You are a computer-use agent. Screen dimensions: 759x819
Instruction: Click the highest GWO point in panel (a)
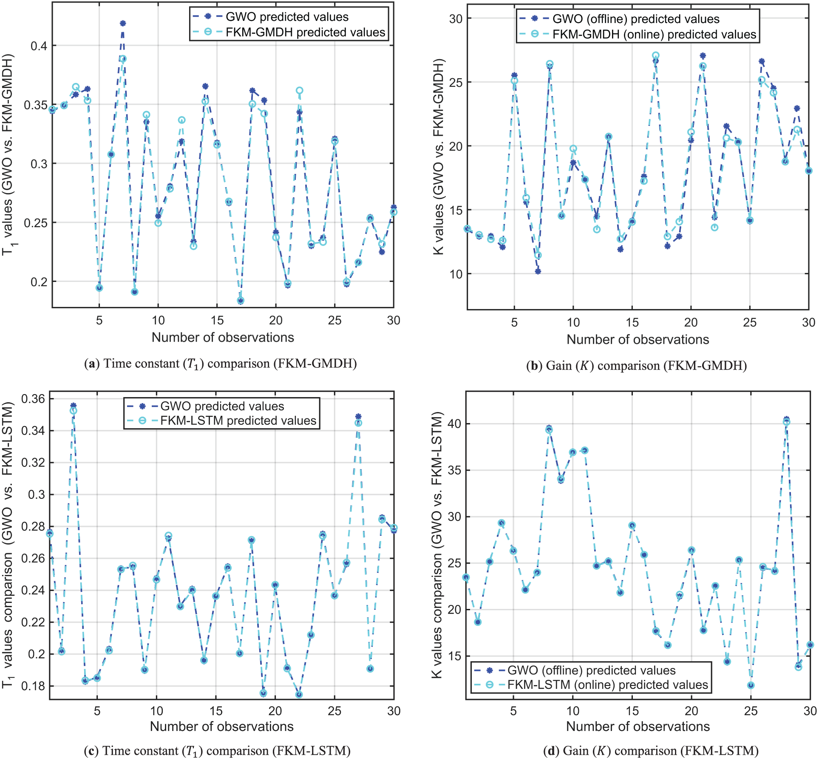pos(123,23)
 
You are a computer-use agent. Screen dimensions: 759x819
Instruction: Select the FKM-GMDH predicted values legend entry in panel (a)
pos(305,32)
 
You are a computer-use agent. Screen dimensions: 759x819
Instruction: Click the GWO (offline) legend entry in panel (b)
pos(635,19)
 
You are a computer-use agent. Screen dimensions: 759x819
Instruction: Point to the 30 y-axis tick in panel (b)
pos(456,19)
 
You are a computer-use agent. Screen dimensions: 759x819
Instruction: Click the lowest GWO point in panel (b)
pos(538,271)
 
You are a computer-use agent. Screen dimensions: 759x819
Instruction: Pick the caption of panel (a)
pos(220,364)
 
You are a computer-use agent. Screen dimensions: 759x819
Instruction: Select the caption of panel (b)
pos(636,366)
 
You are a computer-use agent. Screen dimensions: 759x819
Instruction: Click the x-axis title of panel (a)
pos(223,338)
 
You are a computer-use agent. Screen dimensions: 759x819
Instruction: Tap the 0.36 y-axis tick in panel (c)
pos(33,399)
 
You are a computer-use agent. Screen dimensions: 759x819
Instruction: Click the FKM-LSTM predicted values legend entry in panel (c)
pos(238,421)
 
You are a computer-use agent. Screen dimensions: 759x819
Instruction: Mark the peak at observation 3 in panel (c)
pos(73,406)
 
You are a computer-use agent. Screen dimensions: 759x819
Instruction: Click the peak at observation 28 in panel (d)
pos(786,420)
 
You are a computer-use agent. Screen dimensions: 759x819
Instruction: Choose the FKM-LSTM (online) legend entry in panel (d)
pos(607,685)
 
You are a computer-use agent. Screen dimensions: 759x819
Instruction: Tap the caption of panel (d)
pos(651,751)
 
